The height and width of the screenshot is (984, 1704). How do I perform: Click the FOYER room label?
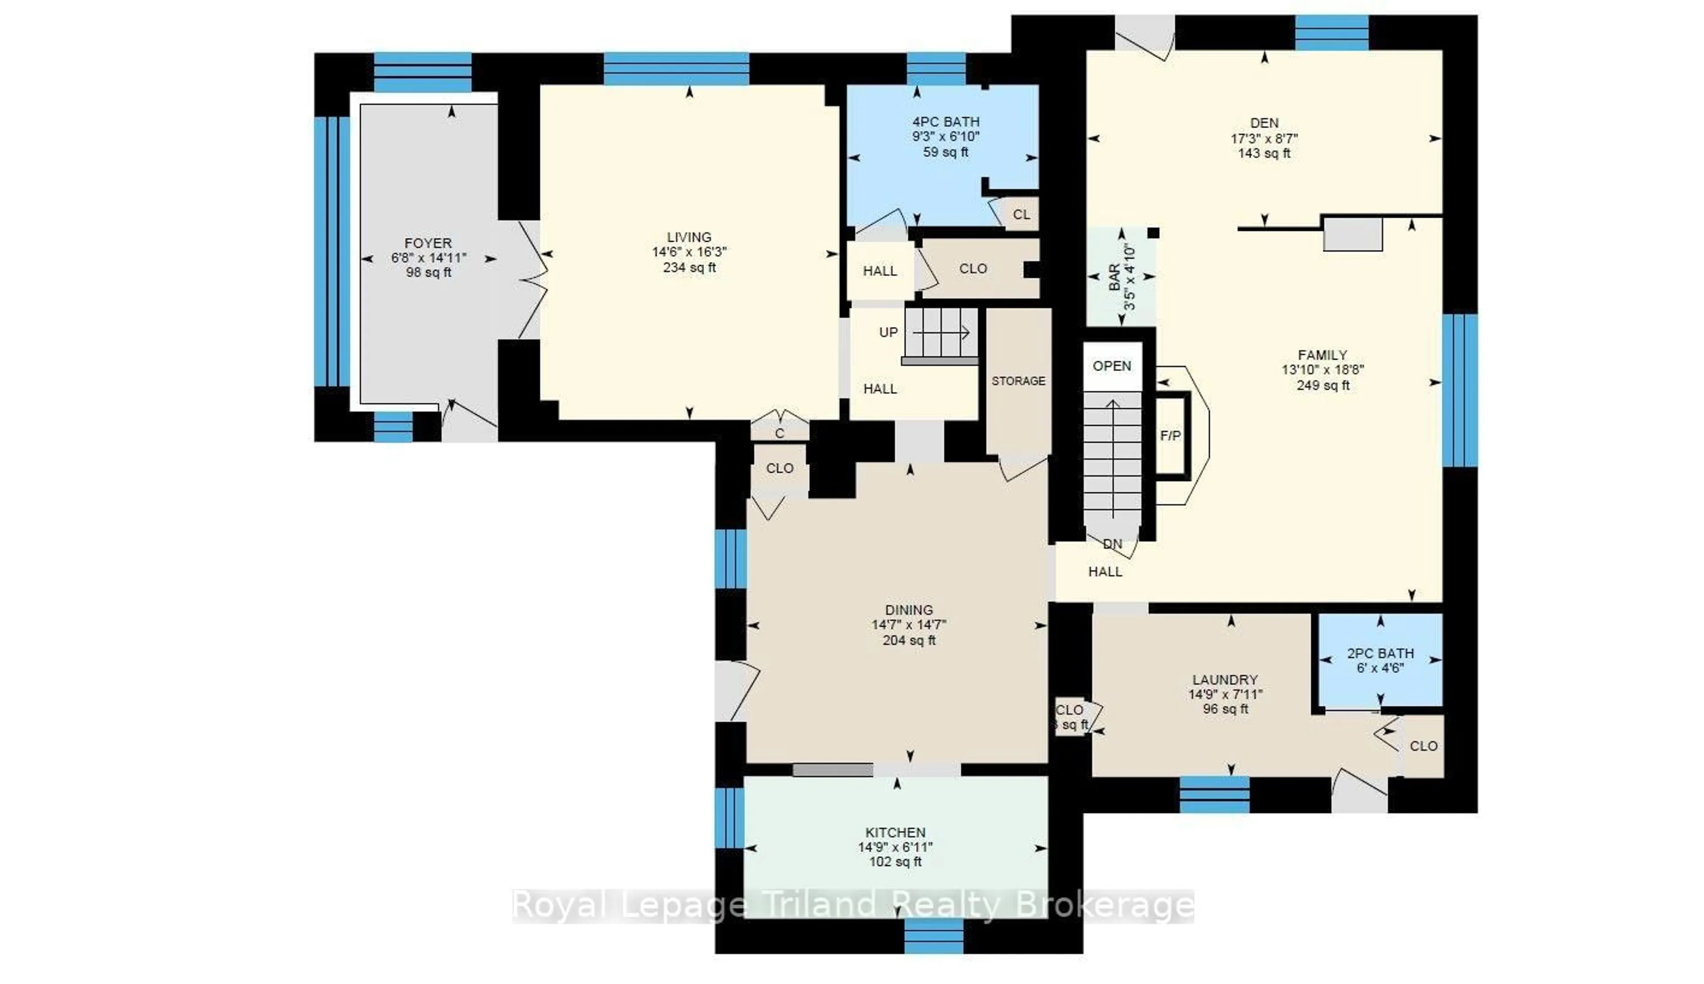point(428,243)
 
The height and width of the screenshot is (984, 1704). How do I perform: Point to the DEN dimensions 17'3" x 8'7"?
point(1264,138)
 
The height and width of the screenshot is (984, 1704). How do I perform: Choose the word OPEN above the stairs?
point(1112,366)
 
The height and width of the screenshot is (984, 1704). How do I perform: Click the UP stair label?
point(888,332)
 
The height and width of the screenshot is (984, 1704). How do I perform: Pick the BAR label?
point(1114,277)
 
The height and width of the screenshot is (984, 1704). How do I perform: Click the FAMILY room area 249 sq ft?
point(1323,385)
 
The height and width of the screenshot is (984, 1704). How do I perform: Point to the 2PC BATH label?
point(1381,653)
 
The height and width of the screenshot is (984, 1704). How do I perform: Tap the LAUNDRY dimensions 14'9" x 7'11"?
point(1225,694)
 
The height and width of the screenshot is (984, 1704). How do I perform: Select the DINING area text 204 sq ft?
point(909,640)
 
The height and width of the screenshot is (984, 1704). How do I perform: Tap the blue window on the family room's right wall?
point(1459,391)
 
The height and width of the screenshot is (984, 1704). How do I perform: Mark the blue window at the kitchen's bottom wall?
point(934,936)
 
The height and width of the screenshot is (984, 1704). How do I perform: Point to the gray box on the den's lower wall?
point(1353,234)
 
